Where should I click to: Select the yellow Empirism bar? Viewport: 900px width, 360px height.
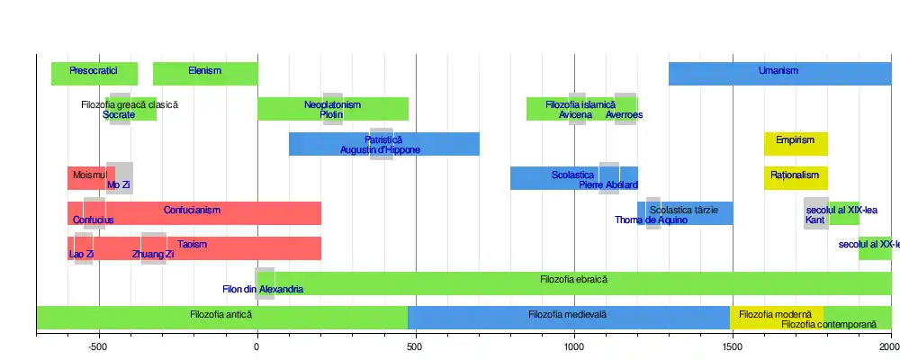[796, 144]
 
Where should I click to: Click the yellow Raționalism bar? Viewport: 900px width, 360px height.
[796, 178]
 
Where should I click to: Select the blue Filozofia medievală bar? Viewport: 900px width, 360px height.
[568, 317]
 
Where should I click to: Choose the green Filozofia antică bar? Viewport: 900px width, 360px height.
[221, 317]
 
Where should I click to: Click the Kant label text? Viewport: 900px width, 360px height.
[815, 220]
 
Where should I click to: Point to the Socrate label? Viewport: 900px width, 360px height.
[119, 115]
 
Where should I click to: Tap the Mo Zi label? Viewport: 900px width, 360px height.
[119, 185]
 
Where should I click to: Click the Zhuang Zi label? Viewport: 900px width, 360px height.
[153, 255]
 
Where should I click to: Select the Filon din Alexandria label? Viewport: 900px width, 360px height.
[263, 290]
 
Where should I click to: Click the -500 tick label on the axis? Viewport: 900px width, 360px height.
[99, 346]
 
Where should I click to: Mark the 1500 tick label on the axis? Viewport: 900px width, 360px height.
[733, 346]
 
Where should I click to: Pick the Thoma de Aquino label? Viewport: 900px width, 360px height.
[652, 220]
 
